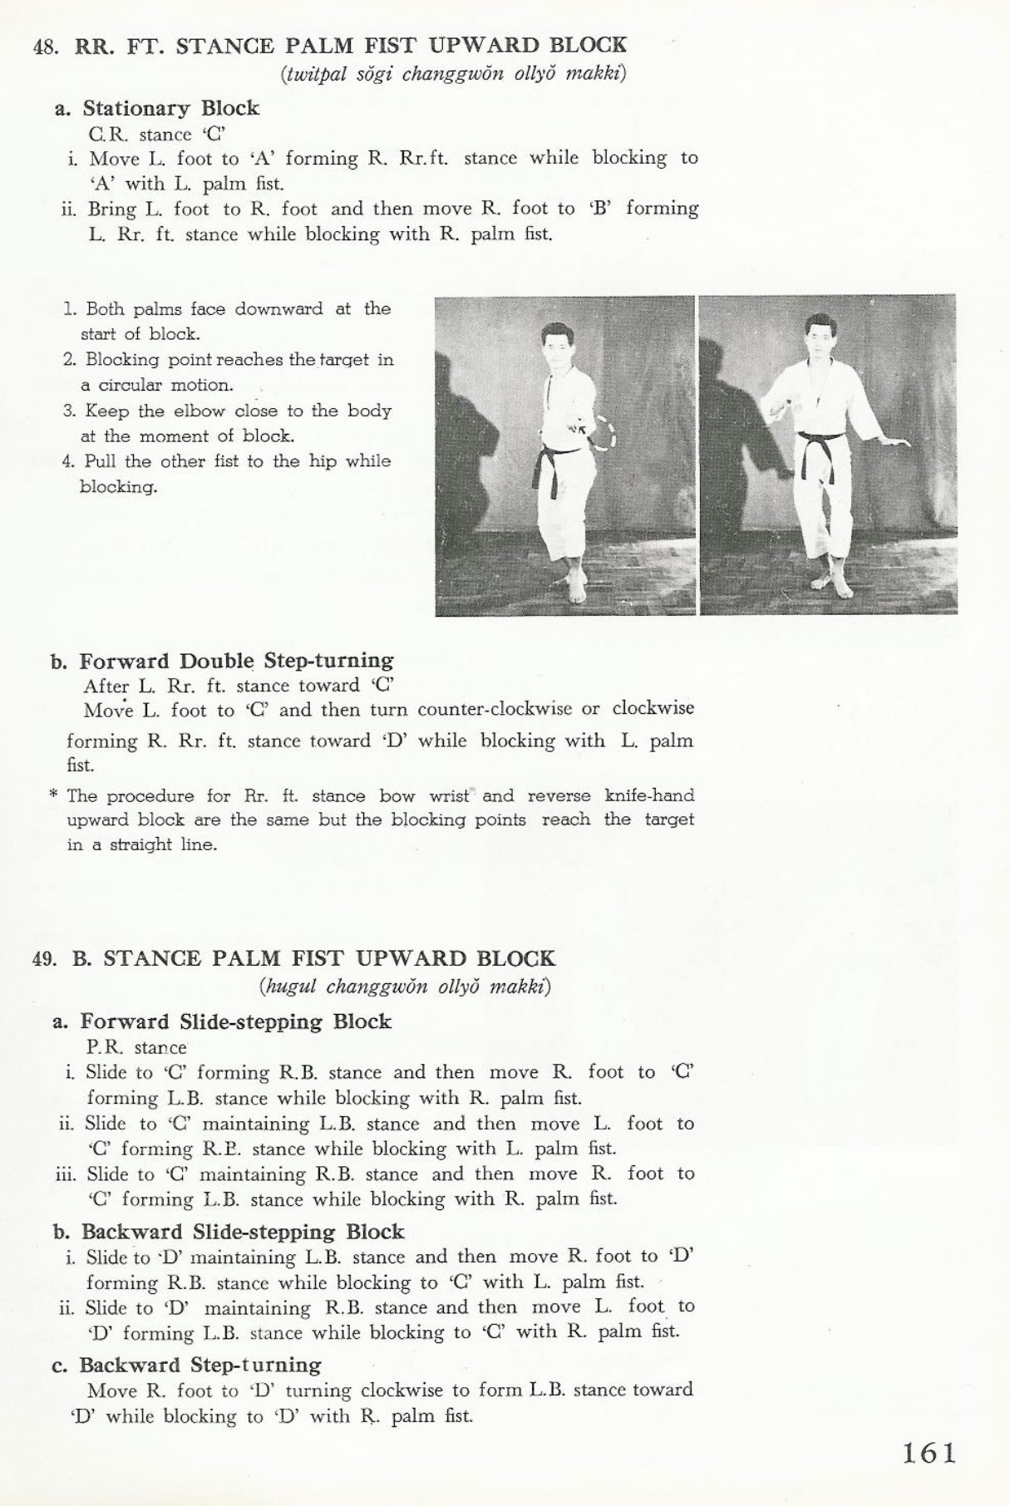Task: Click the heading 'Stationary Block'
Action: pyautogui.click(x=170, y=109)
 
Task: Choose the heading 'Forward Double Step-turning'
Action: pyautogui.click(x=236, y=661)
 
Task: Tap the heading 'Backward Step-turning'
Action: pyautogui.click(x=200, y=1365)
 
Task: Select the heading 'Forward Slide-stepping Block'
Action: pyautogui.click(x=235, y=1021)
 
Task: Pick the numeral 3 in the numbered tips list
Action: pyautogui.click(x=68, y=411)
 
